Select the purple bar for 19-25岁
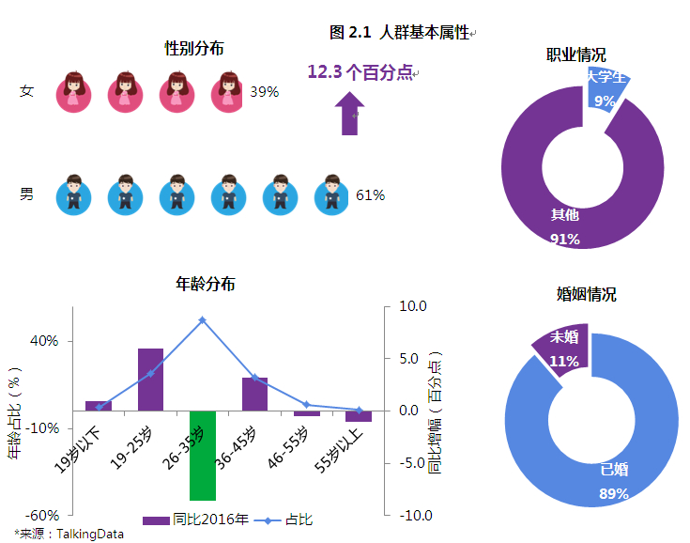click(x=150, y=380)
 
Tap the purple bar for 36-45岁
click(x=254, y=395)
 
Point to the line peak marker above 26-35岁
click(x=202, y=320)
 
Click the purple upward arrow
click(x=350, y=114)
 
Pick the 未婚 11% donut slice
click(x=562, y=350)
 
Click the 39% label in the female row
click(x=264, y=92)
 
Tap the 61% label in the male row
click(x=370, y=195)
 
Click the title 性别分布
click(x=193, y=47)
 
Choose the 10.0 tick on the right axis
click(x=413, y=306)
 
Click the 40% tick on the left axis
click(x=44, y=341)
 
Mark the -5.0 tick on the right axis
click(x=413, y=463)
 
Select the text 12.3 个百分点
click(x=360, y=71)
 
